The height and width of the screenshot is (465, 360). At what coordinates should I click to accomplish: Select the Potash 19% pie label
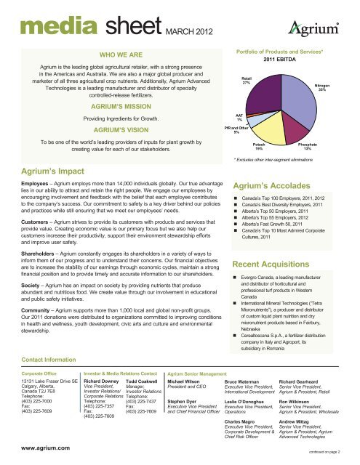(268, 146)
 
